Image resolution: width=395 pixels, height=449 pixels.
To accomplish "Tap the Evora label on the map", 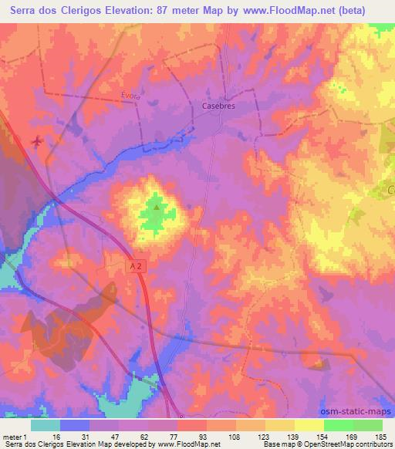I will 131,95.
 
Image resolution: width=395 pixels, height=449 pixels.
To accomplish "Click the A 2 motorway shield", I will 135,265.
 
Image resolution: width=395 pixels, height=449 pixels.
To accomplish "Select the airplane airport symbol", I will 38,141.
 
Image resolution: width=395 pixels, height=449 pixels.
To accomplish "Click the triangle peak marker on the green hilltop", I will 157,206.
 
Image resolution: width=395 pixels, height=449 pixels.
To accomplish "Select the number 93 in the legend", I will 211,436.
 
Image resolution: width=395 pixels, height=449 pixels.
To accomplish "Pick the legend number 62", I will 151,436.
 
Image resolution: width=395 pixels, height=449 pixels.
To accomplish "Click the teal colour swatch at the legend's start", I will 46,424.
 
